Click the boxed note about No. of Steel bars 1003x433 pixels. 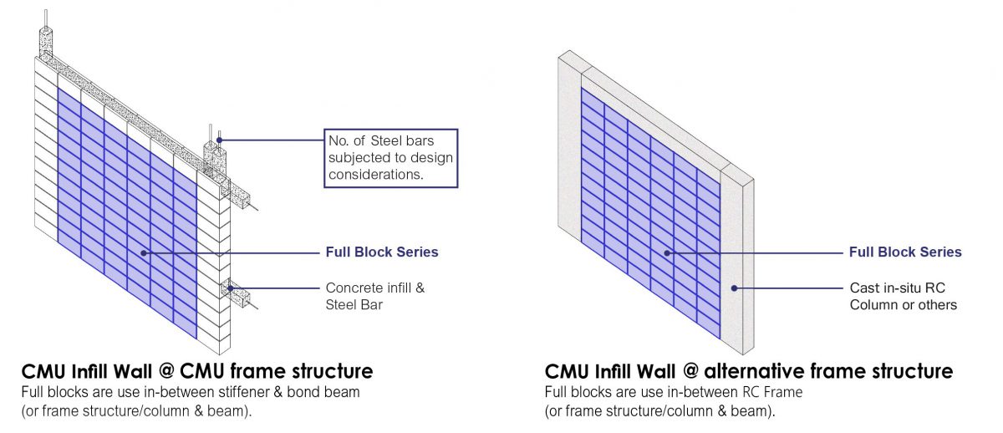click(x=391, y=158)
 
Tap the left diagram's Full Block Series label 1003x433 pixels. click(x=382, y=252)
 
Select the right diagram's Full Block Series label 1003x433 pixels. click(x=905, y=252)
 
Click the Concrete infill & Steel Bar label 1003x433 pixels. click(x=375, y=296)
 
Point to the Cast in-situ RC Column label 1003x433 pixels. click(x=904, y=296)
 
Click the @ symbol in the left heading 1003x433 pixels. click(x=166, y=371)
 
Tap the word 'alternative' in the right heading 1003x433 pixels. click(x=755, y=371)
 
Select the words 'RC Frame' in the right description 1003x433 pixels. click(x=772, y=392)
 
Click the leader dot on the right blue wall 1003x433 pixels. click(x=667, y=253)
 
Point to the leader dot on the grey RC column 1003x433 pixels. click(x=734, y=288)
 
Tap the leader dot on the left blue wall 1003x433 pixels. click(x=143, y=253)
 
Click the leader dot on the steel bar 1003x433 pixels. click(x=219, y=140)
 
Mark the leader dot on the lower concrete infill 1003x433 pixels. click(x=230, y=288)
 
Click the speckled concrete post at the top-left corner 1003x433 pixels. click(x=46, y=43)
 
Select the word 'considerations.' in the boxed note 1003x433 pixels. click(x=376, y=175)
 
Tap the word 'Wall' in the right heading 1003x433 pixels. click(x=656, y=371)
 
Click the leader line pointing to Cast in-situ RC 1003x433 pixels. click(x=788, y=288)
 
